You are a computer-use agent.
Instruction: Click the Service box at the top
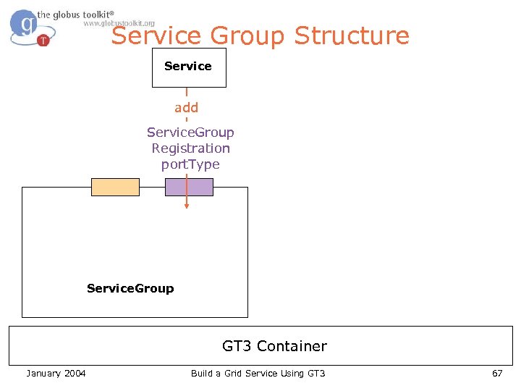pos(188,67)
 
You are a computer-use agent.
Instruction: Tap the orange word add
pos(186,108)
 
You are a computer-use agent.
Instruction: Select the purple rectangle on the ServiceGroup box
pos(189,187)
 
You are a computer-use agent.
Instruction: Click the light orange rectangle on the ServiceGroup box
pos(115,187)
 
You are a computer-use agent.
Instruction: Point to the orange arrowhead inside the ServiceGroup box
pos(187,206)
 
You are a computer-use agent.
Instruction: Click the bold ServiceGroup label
pos(130,288)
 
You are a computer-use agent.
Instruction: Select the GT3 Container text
pos(274,346)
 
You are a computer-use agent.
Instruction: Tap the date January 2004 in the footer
pos(56,373)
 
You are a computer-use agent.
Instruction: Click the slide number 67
pos(496,373)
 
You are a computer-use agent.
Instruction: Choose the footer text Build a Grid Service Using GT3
pos(258,373)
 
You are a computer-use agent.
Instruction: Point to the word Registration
pos(190,148)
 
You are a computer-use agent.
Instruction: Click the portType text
pos(190,164)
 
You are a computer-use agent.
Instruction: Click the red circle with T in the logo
pos(43,41)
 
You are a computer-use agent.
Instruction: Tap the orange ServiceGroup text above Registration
pos(190,133)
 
